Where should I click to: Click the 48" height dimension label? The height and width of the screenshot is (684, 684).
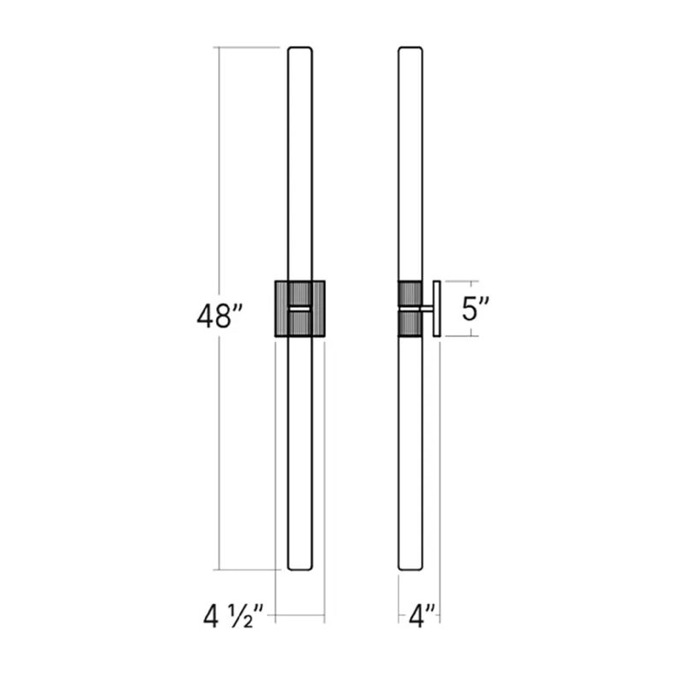tap(215, 317)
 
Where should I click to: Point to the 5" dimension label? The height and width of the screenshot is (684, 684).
tap(475, 309)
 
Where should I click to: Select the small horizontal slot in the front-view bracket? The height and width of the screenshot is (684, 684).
tap(300, 308)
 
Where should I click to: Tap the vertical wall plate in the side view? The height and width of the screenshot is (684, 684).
tap(435, 308)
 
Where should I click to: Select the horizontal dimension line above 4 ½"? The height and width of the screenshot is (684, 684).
tap(299, 615)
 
